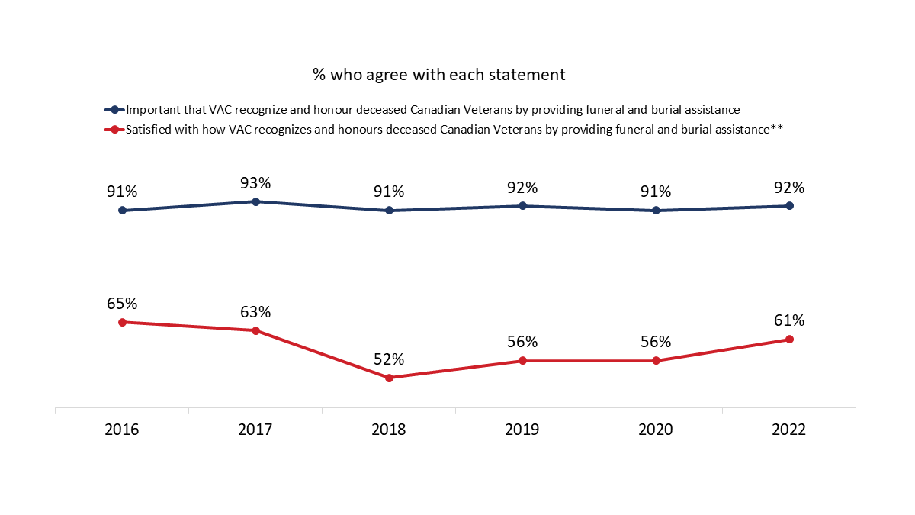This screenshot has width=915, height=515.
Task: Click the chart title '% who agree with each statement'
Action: tap(438, 75)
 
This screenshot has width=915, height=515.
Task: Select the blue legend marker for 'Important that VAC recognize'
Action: tap(114, 110)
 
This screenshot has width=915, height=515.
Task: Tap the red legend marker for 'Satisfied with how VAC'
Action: tap(114, 130)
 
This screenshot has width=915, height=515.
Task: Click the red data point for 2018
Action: tap(389, 378)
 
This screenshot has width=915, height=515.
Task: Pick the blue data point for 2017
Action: tap(255, 201)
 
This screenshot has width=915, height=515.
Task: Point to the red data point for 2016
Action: tap(122, 322)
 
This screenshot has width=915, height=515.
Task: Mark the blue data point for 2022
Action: tap(789, 206)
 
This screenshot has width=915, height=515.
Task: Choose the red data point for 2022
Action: tap(789, 340)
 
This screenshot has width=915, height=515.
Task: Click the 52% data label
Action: tap(389, 359)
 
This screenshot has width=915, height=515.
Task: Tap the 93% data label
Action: tap(255, 183)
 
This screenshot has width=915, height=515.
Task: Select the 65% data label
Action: tap(122, 304)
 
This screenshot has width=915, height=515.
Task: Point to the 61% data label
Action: tap(789, 320)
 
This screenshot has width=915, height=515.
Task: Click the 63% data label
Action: tap(255, 312)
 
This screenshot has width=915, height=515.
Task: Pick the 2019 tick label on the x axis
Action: tap(522, 430)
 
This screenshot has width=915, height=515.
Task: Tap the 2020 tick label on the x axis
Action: tap(656, 430)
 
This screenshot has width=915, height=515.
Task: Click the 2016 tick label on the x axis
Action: tap(122, 430)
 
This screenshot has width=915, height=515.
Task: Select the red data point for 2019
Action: tap(522, 361)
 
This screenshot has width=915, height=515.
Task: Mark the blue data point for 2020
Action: tap(656, 211)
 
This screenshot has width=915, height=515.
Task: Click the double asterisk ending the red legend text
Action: tap(777, 129)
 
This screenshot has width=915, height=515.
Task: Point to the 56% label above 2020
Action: tap(656, 342)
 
